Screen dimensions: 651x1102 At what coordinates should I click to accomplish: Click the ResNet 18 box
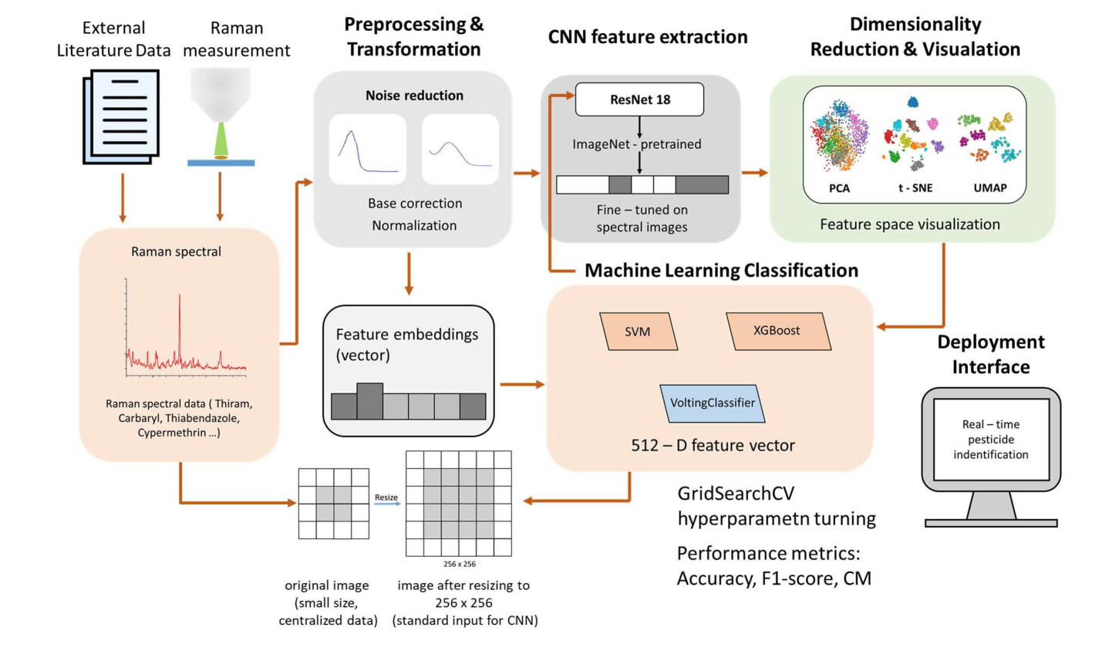coord(639,100)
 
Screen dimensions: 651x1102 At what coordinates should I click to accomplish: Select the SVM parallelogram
coord(638,332)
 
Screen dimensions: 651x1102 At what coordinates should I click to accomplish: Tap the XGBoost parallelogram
coord(777,331)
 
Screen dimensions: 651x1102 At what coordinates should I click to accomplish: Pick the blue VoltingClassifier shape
coord(713,403)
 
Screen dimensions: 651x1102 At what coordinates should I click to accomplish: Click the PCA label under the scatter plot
coord(839,188)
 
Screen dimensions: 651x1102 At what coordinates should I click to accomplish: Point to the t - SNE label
coord(915,188)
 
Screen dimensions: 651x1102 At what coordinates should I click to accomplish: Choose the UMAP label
coord(990,188)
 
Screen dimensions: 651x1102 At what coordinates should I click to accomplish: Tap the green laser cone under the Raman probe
coord(221,139)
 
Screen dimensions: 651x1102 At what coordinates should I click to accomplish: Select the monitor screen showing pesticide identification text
coord(991,440)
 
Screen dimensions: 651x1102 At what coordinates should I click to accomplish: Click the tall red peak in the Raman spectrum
coord(180,324)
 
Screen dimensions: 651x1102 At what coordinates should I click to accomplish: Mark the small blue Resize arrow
coord(387,504)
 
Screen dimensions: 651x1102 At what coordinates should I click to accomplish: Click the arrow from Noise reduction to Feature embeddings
coord(409,274)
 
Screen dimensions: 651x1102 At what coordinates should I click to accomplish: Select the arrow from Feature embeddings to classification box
coord(522,384)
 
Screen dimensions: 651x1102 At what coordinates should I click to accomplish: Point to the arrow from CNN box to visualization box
coord(755,173)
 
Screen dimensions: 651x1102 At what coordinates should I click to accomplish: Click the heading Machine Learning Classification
coord(721,270)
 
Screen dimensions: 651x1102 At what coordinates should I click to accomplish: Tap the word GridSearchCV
coord(736,494)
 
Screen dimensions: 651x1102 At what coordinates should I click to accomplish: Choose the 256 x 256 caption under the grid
coord(459,564)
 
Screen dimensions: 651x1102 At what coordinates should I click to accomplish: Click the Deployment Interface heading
coord(991,354)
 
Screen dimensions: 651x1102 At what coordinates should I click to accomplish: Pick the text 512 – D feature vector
coord(713,445)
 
